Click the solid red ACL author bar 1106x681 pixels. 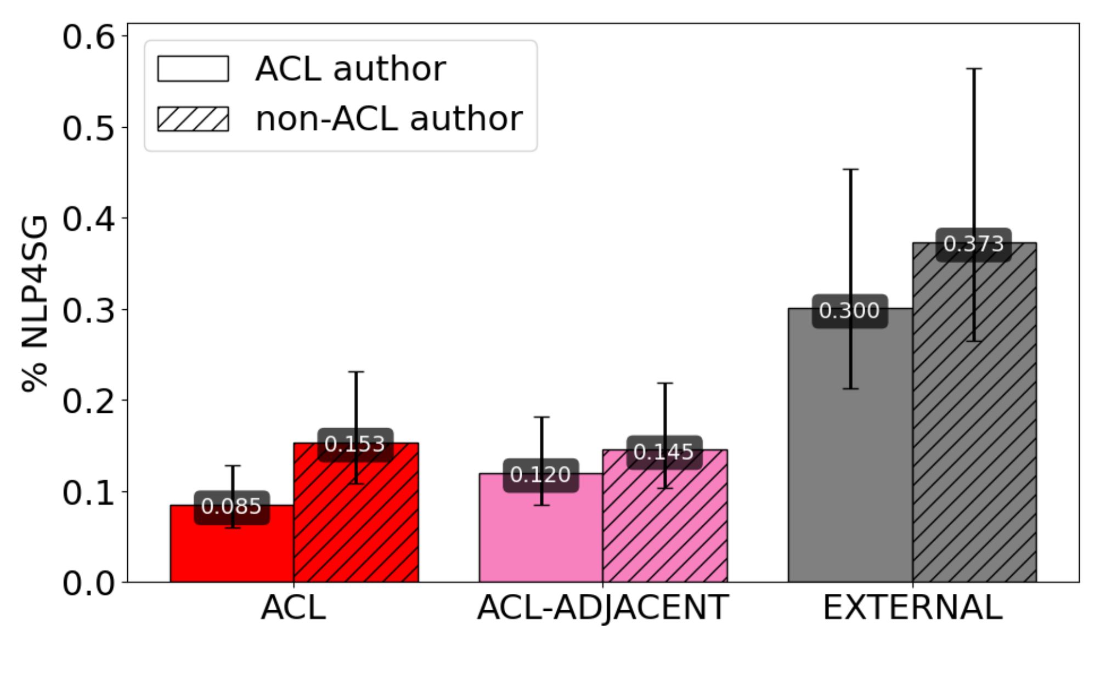232,548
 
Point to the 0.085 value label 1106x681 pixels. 232,507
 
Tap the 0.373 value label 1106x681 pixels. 973,244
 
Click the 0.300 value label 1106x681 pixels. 849,311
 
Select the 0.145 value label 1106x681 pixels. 664,452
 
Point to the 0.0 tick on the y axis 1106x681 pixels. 88,583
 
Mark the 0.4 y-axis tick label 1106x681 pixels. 88,219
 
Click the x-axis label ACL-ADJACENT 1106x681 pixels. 602,608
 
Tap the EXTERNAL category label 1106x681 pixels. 912,608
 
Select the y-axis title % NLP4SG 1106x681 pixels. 34,304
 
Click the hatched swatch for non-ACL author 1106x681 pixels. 193,119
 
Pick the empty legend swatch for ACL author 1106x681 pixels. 193,69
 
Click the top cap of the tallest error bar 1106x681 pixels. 974,69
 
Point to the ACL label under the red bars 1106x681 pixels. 294,608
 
